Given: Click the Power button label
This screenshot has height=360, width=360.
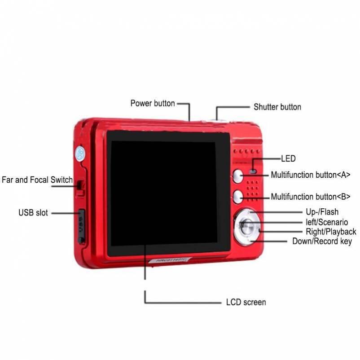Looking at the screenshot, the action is click(153, 103).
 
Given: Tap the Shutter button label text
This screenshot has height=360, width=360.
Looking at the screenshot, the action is click(277, 107).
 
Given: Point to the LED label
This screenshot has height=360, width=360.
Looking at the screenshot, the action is click(288, 158).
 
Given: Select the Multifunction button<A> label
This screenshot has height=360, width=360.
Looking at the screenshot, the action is click(311, 175).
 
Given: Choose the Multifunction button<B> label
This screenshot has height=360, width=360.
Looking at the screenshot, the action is click(311, 197).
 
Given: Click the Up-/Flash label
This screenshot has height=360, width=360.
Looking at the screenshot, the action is click(322, 212).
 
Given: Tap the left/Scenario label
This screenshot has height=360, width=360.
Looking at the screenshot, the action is click(327, 222).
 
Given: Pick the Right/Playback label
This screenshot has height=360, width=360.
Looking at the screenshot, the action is click(331, 232).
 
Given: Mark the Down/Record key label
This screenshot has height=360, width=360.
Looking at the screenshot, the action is click(322, 241).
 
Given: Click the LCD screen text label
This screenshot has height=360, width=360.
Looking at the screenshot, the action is click(246, 302).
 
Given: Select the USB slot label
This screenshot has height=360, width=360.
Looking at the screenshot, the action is click(33, 213).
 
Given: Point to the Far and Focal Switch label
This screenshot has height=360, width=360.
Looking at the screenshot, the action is click(37, 180).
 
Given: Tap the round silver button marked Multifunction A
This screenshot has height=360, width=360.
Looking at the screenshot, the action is click(238, 176).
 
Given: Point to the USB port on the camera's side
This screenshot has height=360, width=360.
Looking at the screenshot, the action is click(82, 226).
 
